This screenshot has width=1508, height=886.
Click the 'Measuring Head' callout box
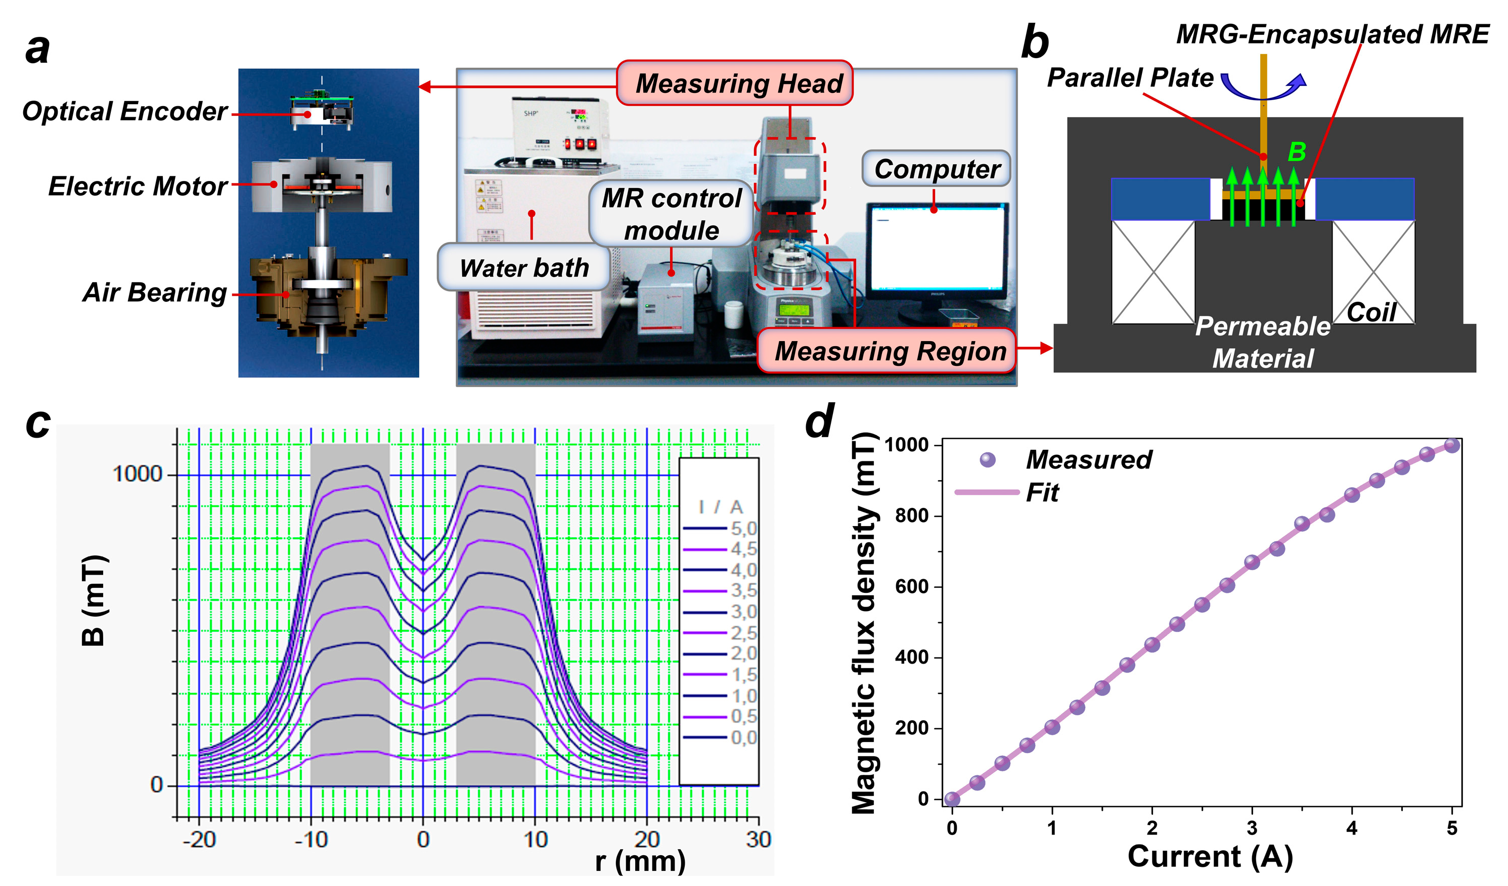[x=734, y=83]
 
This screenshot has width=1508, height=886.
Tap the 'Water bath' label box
[x=524, y=267]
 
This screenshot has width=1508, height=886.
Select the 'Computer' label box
[x=937, y=169]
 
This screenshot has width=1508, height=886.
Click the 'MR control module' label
[x=671, y=214]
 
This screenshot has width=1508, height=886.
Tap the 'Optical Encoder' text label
[x=124, y=111]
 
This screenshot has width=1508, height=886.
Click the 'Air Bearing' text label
[x=154, y=293]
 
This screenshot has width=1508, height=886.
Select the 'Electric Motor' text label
[x=138, y=186]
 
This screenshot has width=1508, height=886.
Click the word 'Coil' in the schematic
[x=1371, y=312]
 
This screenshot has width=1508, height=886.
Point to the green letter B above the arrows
[x=1297, y=152]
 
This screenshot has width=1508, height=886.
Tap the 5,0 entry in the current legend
[x=721, y=529]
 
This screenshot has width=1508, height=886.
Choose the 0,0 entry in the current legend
[x=721, y=737]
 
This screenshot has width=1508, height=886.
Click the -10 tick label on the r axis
[x=311, y=840]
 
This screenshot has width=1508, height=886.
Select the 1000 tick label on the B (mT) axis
[x=138, y=475]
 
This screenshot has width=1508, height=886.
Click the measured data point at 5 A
[x=1452, y=445]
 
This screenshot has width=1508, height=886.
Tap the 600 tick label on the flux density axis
[x=912, y=587]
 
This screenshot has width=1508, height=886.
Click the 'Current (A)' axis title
[x=1210, y=857]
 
